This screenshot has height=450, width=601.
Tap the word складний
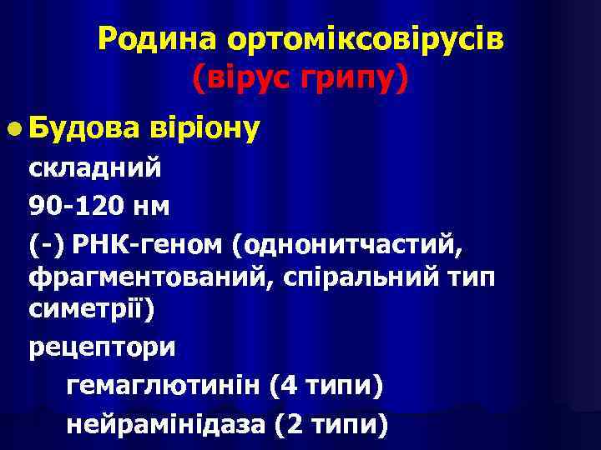[96, 167]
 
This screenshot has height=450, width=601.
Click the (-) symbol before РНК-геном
[47, 245]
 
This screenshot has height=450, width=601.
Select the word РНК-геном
[149, 245]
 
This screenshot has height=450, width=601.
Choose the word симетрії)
[90, 307]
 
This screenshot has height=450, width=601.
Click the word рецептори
[102, 346]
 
